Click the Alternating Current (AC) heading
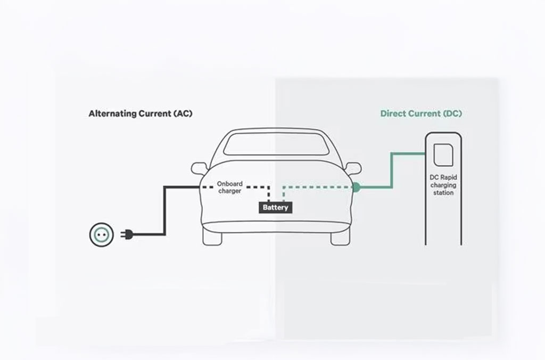pyautogui.click(x=141, y=113)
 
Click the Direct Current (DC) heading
pyautogui.click(x=421, y=113)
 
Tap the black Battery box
pyautogui.click(x=275, y=207)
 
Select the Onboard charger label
pyautogui.click(x=229, y=187)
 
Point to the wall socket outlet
pyautogui.click(x=101, y=234)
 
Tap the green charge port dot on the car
pyautogui.click(x=356, y=187)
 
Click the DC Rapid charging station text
pyautogui.click(x=443, y=185)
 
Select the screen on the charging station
pyautogui.click(x=443, y=155)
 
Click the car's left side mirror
pyautogui.click(x=199, y=168)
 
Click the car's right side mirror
pyautogui.click(x=353, y=168)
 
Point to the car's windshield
pyautogui.click(x=275, y=144)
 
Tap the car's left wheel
pyautogui.click(x=212, y=237)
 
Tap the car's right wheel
pyautogui.click(x=340, y=237)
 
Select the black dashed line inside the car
pyautogui.click(x=255, y=187)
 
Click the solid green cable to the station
pyautogui.click(x=392, y=170)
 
